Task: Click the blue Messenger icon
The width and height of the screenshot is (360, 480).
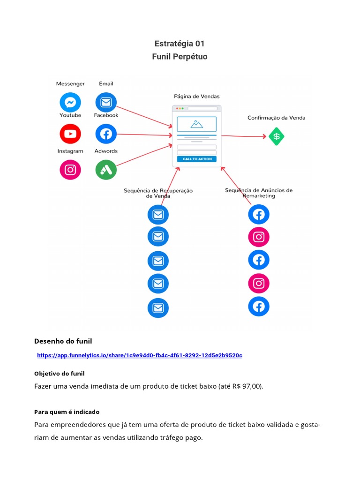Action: [70, 102]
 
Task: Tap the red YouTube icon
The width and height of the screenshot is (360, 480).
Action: [70, 134]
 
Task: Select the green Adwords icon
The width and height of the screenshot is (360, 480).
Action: [106, 170]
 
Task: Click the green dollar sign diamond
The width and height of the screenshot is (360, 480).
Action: [277, 136]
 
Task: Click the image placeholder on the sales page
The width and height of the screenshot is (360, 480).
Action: [196, 124]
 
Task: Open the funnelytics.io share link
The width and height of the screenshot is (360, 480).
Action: [140, 355]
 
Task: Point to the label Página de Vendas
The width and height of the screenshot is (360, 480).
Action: [197, 97]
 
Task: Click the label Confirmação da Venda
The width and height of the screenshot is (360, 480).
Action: [276, 118]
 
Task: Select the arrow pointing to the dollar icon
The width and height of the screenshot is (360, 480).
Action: [244, 136]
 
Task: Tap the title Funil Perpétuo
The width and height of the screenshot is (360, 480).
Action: [180, 57]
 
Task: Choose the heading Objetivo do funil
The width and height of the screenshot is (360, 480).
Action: [60, 374]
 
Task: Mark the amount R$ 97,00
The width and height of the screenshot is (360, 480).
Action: [247, 386]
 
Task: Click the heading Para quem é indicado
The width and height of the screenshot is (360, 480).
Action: [67, 412]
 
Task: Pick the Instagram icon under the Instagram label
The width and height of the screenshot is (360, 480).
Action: [70, 170]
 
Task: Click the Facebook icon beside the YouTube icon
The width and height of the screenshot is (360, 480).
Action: [106, 134]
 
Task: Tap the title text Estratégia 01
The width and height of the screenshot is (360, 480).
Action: [180, 44]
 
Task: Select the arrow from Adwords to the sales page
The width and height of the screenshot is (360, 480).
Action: [144, 155]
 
